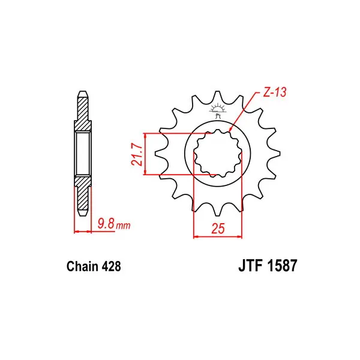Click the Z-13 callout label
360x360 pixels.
tap(275, 92)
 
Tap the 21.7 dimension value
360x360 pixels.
tap(137, 154)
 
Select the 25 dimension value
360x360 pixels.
tap(218, 229)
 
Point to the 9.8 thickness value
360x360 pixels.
tap(106, 224)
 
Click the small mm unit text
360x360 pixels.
tap(123, 226)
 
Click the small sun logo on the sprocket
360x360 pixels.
tap(217, 110)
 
